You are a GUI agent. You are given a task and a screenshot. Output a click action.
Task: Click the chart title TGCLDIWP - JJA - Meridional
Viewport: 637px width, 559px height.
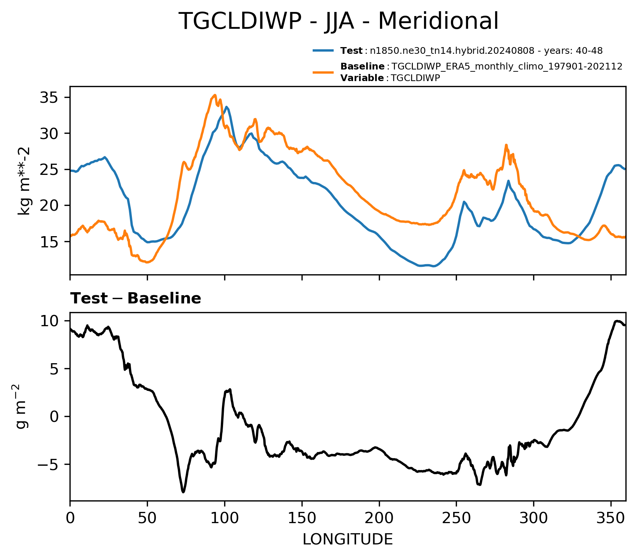(x=338, y=21)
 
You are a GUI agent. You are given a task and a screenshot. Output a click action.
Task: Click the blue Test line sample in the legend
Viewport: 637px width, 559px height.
(x=324, y=51)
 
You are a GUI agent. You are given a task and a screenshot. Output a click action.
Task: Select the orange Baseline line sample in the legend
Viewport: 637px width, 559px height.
(x=324, y=72)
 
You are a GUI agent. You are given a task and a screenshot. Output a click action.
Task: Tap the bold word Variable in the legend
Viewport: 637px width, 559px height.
(x=362, y=78)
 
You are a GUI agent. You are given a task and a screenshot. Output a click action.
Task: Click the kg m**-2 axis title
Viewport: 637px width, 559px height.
(x=24, y=181)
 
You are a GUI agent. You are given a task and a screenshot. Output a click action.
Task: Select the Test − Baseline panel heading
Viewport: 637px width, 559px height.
(x=136, y=299)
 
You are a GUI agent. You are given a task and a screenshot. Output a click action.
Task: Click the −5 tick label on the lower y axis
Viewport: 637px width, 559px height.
(x=49, y=464)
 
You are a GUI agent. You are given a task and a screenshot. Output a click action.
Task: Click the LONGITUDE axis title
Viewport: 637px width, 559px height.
(x=348, y=540)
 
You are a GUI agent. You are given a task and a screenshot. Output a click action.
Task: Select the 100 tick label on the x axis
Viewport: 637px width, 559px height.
(x=225, y=518)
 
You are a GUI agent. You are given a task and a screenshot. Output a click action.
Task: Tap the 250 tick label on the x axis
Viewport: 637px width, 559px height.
(x=456, y=518)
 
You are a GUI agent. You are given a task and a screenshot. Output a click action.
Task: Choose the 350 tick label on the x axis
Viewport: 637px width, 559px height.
(x=611, y=518)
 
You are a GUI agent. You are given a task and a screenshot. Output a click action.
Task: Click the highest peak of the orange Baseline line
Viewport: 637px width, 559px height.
(x=215, y=95)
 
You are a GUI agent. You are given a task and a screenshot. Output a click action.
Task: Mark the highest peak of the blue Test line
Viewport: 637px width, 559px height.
(x=226, y=107)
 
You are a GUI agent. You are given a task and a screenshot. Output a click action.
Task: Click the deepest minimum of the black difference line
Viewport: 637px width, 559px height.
(x=183, y=492)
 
